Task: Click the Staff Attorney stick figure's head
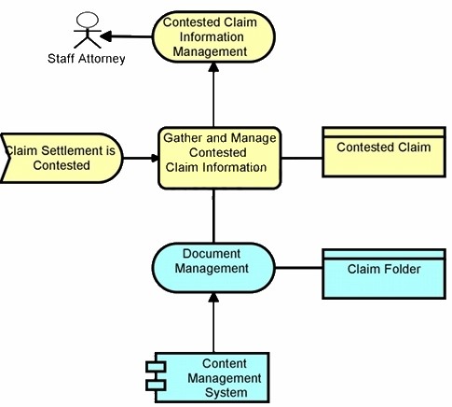(88, 20)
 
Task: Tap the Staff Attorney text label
(87, 59)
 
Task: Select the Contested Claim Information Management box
(213, 36)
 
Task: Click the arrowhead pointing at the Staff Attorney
(105, 36)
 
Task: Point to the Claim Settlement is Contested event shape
(62, 158)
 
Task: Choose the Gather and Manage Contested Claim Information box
(220, 158)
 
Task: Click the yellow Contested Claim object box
(384, 152)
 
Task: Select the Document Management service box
(213, 268)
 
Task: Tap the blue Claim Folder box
(384, 274)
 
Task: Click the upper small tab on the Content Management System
(156, 366)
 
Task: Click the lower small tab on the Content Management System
(156, 386)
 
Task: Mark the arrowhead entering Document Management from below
(213, 298)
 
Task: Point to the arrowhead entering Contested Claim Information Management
(213, 67)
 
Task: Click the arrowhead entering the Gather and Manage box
(155, 158)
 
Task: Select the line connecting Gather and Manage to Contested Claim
(302, 158)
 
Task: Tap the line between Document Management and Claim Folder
(299, 268)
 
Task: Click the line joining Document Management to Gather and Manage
(213, 216)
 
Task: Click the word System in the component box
(226, 392)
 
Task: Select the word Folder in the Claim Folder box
(403, 269)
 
